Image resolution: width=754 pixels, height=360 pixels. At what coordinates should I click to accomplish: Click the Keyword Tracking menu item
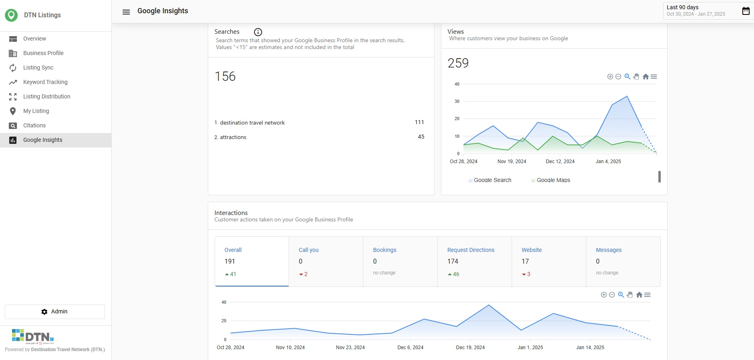[x=45, y=82]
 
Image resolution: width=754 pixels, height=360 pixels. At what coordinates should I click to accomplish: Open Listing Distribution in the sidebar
[x=47, y=96]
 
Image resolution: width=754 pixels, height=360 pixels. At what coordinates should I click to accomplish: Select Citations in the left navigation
[x=35, y=125]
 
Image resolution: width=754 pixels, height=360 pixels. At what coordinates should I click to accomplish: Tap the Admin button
[x=55, y=312]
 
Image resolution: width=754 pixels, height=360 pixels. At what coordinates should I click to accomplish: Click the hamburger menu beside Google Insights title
[x=126, y=12]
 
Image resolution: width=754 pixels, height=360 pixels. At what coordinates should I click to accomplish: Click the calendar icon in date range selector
[x=746, y=11]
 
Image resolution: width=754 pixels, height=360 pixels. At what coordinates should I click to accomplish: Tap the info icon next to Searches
[x=258, y=32]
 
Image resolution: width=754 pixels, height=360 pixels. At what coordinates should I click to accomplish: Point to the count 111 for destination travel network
[x=419, y=122]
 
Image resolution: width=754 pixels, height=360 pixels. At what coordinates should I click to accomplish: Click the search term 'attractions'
[x=233, y=137]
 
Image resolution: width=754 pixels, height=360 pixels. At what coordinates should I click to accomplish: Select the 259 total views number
[x=458, y=63]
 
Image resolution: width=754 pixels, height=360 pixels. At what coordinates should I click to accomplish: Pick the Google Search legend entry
[x=490, y=180]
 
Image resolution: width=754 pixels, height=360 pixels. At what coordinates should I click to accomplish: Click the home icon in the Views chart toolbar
[x=645, y=77]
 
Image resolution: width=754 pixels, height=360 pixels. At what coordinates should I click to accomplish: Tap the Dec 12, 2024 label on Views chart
[x=560, y=162]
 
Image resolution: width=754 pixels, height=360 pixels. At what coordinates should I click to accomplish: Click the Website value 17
[x=525, y=262]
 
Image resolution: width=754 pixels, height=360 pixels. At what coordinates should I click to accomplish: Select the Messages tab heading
[x=609, y=250]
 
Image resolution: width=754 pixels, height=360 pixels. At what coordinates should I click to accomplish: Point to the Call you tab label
[x=309, y=250]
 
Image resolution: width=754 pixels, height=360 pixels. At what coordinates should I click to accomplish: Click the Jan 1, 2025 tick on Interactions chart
[x=530, y=348]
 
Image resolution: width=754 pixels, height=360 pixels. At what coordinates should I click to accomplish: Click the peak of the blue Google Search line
[x=627, y=96]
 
